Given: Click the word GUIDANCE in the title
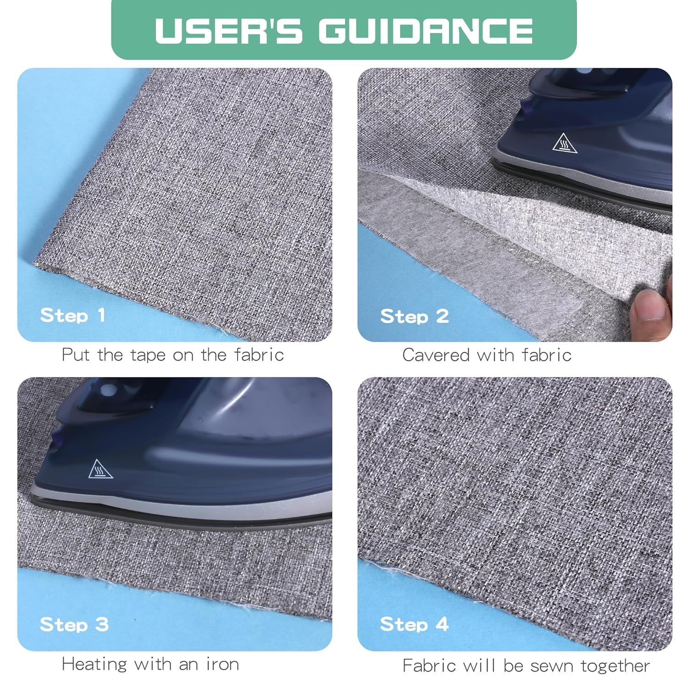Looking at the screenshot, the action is pos(426,30).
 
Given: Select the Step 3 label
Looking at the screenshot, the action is pos(74,624).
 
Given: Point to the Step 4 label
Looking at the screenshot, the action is pos(415,624).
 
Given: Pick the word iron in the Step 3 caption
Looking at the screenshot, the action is pos(222,664).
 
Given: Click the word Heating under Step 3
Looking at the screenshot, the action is pos(94,664).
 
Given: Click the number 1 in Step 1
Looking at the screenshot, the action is pos(101,315).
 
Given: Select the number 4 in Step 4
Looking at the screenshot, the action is pos(442,624).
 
